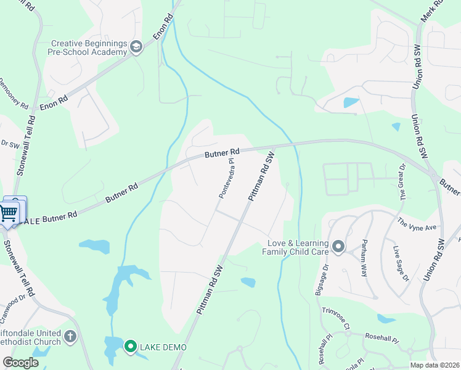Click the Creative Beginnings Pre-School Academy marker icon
point(136,47)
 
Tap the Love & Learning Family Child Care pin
point(338,247)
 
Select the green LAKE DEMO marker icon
point(130,347)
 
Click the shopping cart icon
point(9,213)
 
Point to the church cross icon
point(70,337)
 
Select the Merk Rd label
point(431,12)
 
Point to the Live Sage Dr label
point(401,263)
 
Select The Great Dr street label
point(403,182)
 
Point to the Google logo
point(20,363)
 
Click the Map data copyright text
point(434,365)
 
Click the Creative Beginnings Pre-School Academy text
point(89,48)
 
